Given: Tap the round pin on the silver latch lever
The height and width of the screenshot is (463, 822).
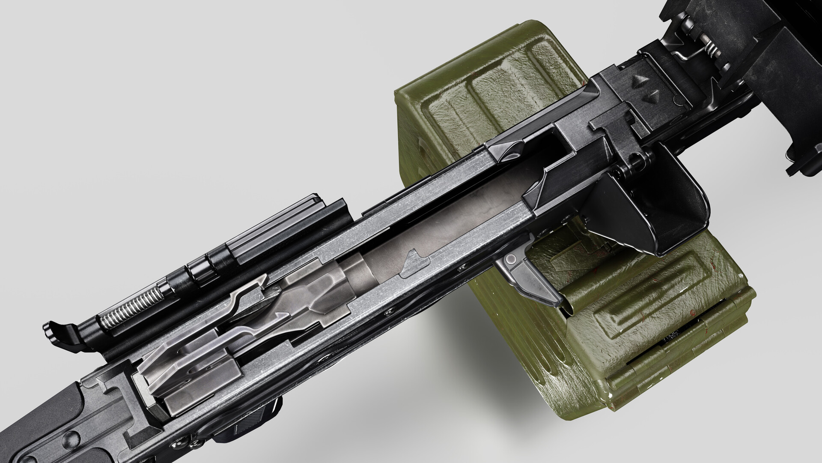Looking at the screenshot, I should pos(511,260).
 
